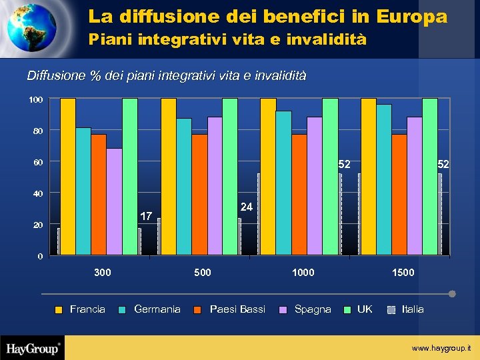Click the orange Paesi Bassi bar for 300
pyautogui.click(x=99, y=194)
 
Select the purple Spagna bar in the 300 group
pyautogui.click(x=114, y=201)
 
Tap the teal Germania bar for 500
pyautogui.click(x=184, y=187)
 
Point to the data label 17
pyautogui.click(x=146, y=216)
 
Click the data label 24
pyautogui.click(x=246, y=207)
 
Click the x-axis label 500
pyautogui.click(x=202, y=273)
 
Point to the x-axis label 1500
pyautogui.click(x=403, y=273)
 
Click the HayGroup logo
pyautogui.click(x=33, y=348)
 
